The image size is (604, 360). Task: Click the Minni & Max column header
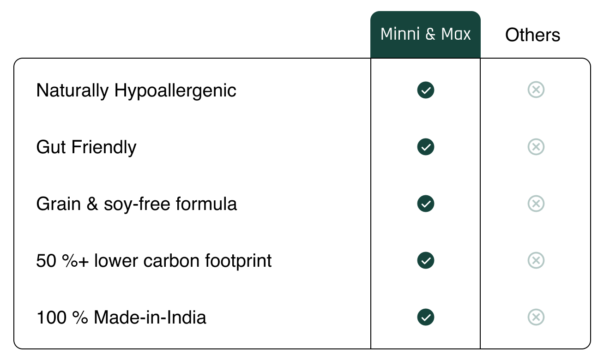tap(425, 35)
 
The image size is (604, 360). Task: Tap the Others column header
tap(532, 35)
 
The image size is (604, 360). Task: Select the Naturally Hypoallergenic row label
tap(136, 91)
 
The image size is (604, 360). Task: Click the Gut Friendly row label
tap(86, 148)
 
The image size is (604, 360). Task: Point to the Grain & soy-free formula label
tap(136, 204)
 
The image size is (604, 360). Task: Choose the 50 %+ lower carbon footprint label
tap(154, 261)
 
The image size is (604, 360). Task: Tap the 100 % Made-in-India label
tap(121, 317)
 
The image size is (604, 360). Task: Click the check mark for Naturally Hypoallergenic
tap(425, 90)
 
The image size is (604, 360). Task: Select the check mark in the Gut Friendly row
tap(425, 147)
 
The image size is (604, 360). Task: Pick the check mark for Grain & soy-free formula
tap(425, 204)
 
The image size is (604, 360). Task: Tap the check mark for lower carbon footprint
tap(425, 260)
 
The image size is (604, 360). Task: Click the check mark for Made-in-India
tap(425, 317)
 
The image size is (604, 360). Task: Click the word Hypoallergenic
tap(175, 91)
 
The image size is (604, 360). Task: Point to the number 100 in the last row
tap(51, 317)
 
